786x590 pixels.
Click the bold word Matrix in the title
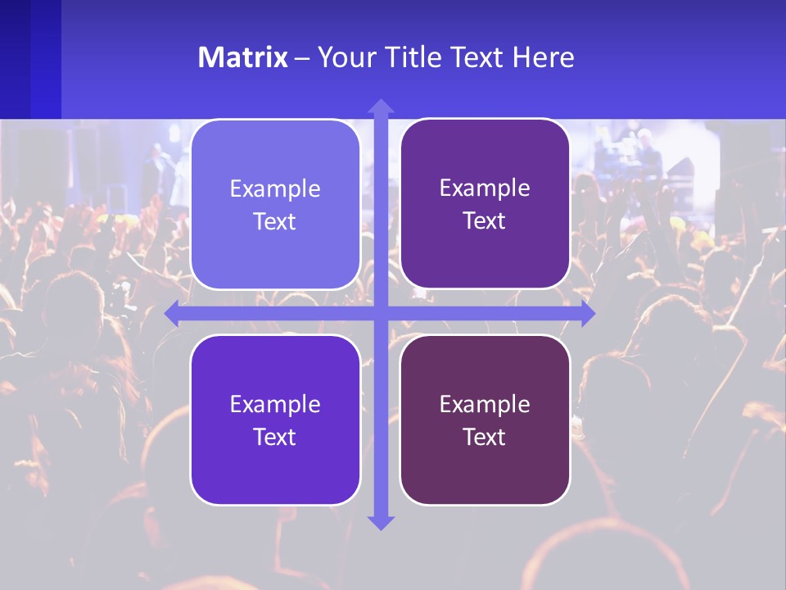[242, 57]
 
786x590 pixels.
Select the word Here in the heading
[543, 57]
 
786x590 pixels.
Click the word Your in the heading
[344, 57]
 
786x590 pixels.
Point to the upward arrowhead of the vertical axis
[380, 106]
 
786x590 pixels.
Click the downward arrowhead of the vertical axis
[380, 522]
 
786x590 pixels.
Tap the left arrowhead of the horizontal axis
[173, 313]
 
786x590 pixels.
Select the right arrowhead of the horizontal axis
[587, 313]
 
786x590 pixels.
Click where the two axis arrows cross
[380, 313]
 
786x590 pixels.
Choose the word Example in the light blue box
[275, 188]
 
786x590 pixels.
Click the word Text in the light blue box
[275, 221]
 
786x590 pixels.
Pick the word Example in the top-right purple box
[485, 188]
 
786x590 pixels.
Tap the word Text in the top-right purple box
[485, 220]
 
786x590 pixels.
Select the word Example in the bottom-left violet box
[275, 404]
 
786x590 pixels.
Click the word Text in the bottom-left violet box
[275, 437]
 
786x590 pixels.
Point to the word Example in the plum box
[485, 404]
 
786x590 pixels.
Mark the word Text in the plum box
[485, 437]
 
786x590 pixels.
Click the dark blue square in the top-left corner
[30, 59]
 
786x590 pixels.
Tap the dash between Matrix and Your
[302, 58]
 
